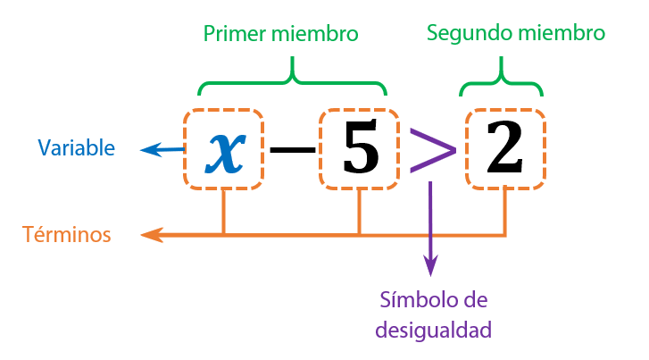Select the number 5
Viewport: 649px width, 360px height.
[359, 150]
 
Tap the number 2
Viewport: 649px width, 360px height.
[505, 150]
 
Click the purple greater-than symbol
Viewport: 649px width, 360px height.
[432, 150]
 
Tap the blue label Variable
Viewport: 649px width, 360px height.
[76, 147]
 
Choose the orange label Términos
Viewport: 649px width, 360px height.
[67, 235]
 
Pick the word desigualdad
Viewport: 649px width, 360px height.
[433, 330]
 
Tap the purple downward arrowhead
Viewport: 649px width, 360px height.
[431, 266]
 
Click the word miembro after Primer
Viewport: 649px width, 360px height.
[318, 34]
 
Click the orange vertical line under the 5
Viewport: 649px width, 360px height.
[359, 213]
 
